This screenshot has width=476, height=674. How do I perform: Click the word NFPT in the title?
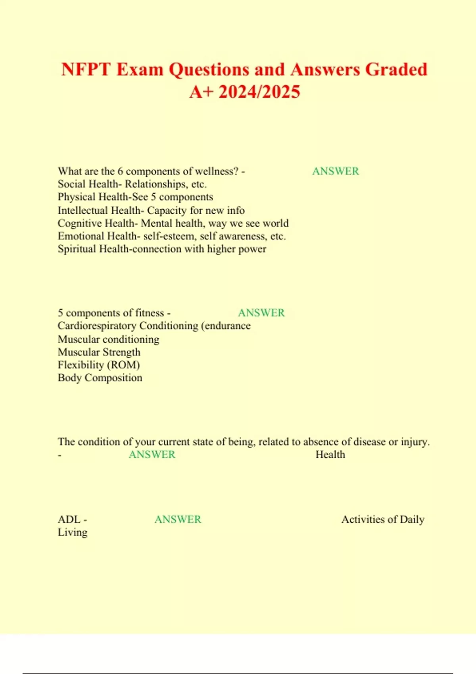pos(86,70)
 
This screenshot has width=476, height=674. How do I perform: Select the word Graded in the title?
pos(396,70)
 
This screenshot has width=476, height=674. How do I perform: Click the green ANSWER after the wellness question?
pos(336,171)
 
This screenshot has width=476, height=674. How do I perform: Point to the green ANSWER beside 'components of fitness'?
pos(261,313)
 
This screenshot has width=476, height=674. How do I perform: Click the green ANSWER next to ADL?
pos(178,519)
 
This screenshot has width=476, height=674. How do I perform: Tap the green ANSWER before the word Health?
pos(152,455)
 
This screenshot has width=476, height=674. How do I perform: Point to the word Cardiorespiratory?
pos(97,326)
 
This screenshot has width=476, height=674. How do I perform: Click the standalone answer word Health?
pos(330,455)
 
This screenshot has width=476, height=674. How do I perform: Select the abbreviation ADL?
pos(69,519)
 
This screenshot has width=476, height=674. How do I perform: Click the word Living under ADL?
pos(73,532)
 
